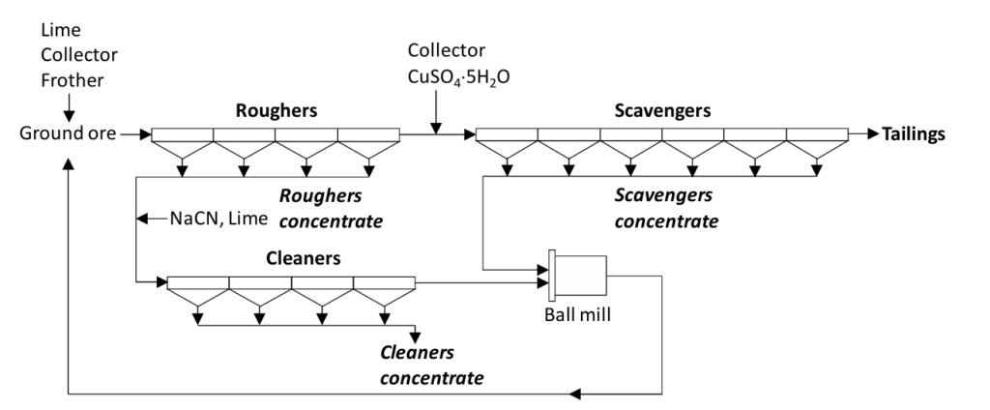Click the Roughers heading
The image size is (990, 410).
[276, 110]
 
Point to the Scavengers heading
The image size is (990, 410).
[662, 110]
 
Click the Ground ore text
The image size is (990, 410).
[63, 134]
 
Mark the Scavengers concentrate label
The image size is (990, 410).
[666, 208]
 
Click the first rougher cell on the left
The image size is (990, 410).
[183, 134]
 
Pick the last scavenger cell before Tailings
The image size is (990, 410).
[817, 134]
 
